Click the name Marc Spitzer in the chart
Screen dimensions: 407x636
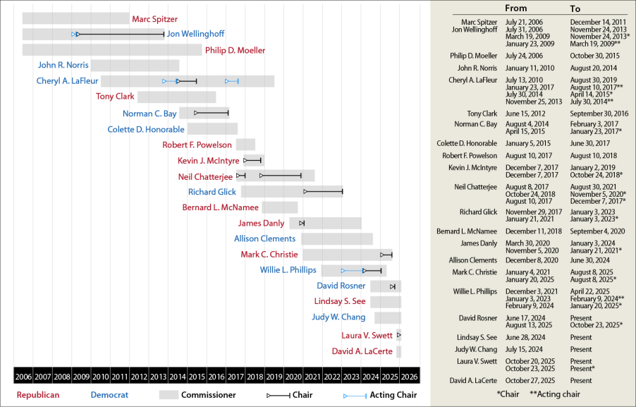pyautogui.click(x=155, y=19)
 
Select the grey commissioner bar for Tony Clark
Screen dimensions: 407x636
pyautogui.click(x=176, y=97)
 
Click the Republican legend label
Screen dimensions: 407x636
pyautogui.click(x=38, y=395)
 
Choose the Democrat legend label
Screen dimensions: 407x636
pyautogui.click(x=114, y=395)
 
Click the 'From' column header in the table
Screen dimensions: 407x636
pyautogui.click(x=516, y=8)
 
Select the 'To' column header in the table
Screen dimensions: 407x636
pyautogui.click(x=575, y=8)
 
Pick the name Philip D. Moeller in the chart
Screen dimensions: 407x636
pyautogui.click(x=236, y=50)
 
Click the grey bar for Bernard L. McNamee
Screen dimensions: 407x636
pyautogui.click(x=280, y=207)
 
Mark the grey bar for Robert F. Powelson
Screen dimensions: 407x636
pyautogui.click(x=245, y=145)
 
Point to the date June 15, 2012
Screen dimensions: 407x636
pyautogui.click(x=525, y=113)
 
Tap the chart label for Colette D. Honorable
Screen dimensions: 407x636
pyautogui.click(x=146, y=129)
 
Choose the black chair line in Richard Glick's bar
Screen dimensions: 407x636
pyautogui.click(x=324, y=191)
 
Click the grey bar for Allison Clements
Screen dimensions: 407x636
pyautogui.click(x=337, y=238)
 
